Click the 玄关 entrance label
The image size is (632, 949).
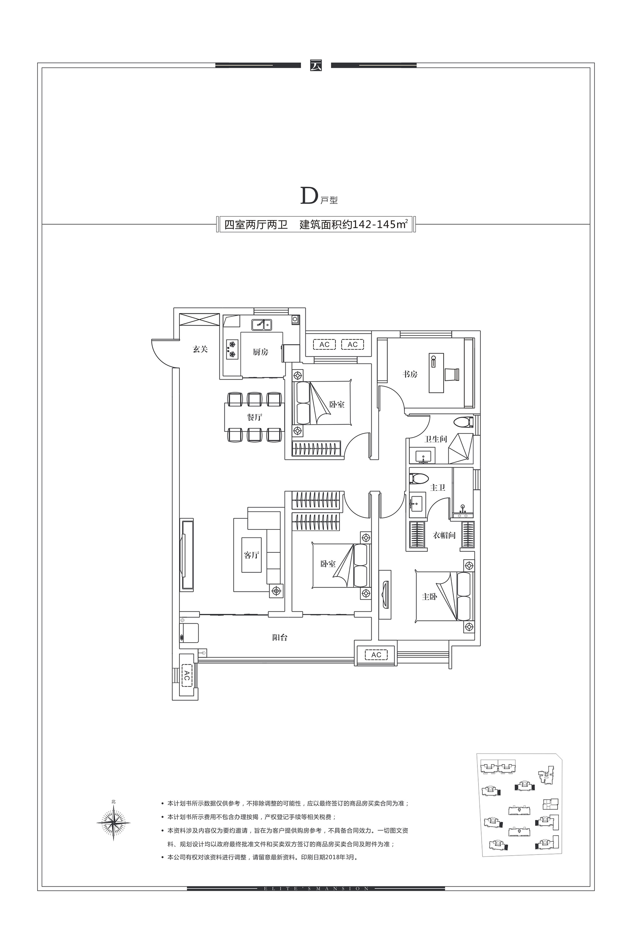click(x=200, y=350)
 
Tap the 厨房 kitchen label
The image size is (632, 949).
click(x=260, y=352)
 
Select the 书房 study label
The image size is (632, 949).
click(x=410, y=374)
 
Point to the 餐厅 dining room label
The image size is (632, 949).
click(x=255, y=417)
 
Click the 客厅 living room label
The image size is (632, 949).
click(x=251, y=555)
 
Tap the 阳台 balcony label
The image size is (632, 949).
click(x=279, y=638)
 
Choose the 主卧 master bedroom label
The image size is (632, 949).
click(x=429, y=597)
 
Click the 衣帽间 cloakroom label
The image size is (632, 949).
click(x=444, y=535)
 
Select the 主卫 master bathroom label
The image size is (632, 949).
click(x=438, y=487)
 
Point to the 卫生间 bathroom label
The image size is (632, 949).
click(x=436, y=439)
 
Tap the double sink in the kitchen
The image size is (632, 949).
click(x=262, y=324)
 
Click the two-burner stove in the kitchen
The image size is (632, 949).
click(x=232, y=349)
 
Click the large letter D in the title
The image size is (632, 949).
click(x=309, y=196)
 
